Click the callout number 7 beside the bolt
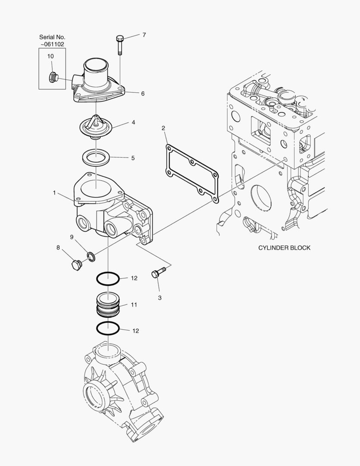[144, 35]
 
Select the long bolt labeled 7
[120, 45]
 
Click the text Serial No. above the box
[52, 37]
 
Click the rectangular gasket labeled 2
[191, 173]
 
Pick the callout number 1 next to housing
[54, 193]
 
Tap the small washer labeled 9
[91, 257]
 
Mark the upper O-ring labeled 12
[108, 278]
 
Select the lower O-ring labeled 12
[108, 329]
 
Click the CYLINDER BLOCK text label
[284, 248]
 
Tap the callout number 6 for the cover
[143, 94]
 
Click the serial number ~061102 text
[52, 44]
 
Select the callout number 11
[134, 305]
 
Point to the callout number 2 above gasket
[163, 128]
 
